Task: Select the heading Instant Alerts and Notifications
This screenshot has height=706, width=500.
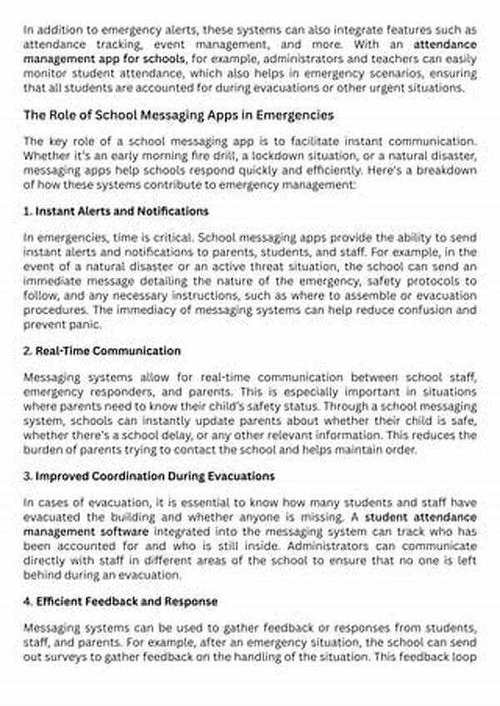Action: [x=117, y=211]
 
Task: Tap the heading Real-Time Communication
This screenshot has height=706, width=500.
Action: [x=102, y=351]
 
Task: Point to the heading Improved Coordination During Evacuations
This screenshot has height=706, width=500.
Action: [x=149, y=476]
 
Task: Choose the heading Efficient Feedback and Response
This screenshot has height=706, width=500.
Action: [x=121, y=601]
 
